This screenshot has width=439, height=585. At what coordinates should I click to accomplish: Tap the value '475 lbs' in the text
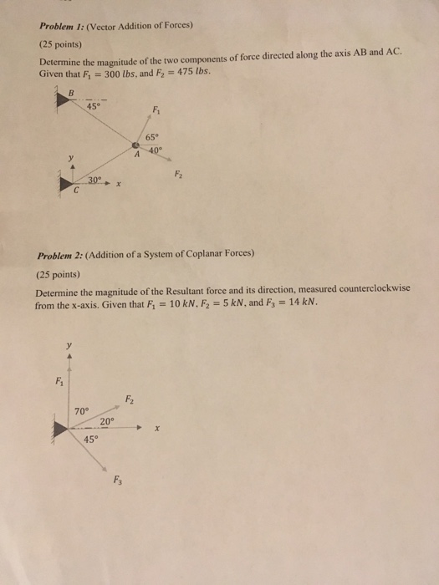coord(195,71)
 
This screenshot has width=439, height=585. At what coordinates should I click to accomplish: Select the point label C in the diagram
coord(76,191)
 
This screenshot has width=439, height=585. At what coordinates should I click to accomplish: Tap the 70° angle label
coord(81,411)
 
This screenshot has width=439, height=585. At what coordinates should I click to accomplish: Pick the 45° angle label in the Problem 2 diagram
coord(90,440)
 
